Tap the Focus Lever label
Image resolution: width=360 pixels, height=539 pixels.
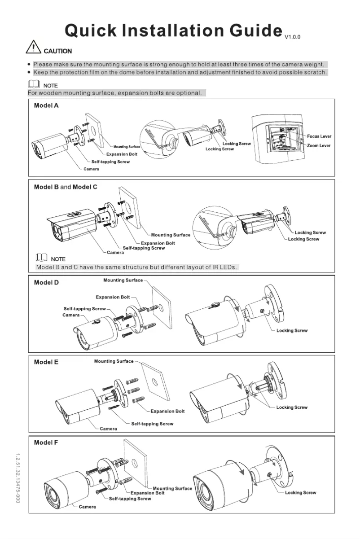pos(319,136)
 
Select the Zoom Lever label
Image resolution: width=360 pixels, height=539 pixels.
pos(319,146)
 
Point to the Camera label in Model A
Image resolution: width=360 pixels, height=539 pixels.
pos(91,169)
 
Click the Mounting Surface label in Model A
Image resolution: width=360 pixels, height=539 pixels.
pos(127,147)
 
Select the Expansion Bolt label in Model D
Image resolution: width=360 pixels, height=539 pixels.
pos(113,297)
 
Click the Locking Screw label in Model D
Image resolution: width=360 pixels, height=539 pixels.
pos(292,330)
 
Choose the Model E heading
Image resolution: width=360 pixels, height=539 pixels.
pos(46,362)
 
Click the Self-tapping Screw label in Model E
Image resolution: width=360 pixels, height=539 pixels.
pos(152,423)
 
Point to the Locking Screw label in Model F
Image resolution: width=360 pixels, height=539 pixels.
pos(300,492)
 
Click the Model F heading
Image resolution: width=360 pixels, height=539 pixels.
pos(46,442)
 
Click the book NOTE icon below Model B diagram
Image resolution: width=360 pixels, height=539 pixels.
pos(41,258)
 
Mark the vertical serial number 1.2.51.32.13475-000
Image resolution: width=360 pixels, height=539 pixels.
pos(18,478)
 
